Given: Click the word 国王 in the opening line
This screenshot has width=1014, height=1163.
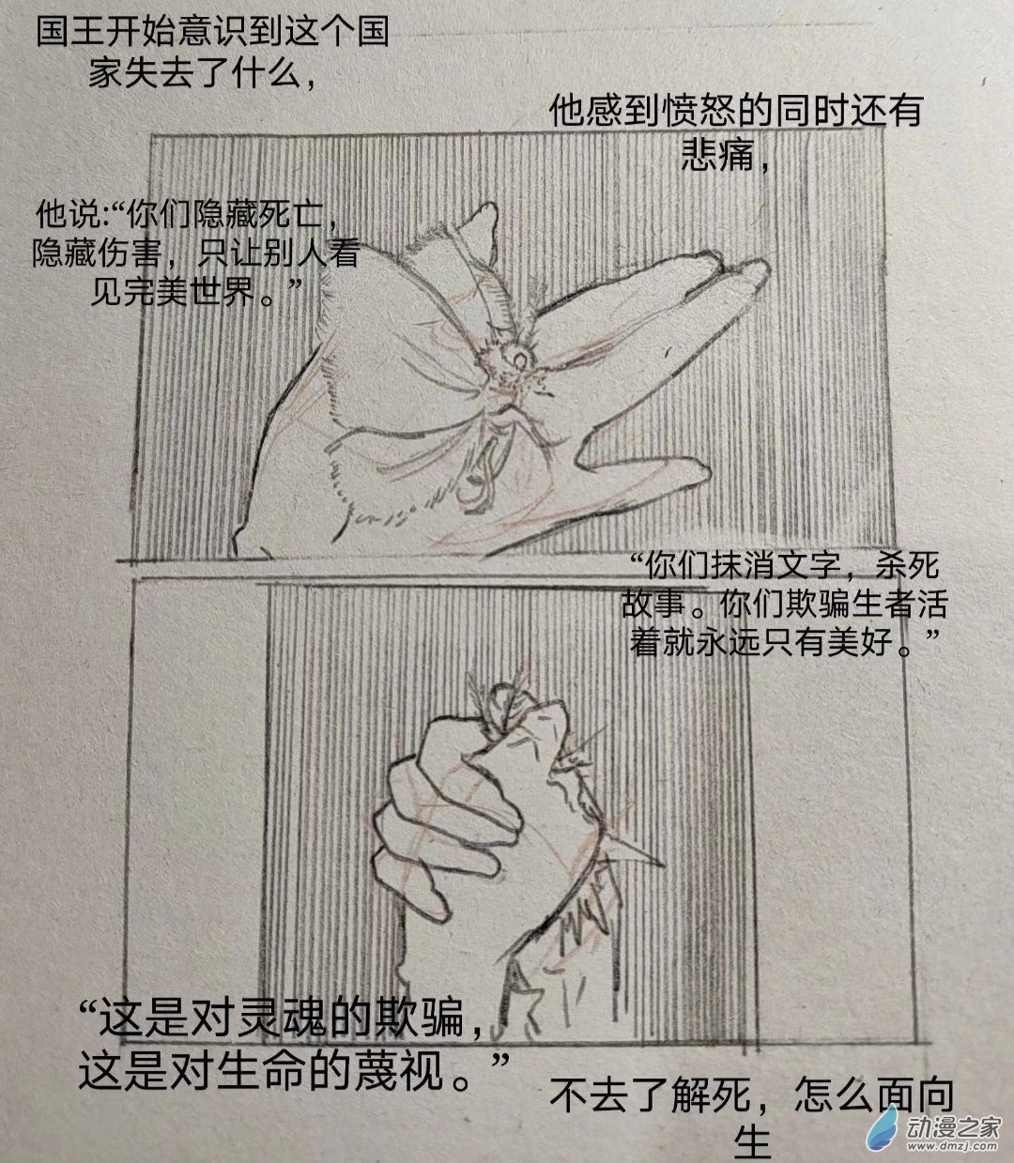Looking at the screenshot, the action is coord(69,31).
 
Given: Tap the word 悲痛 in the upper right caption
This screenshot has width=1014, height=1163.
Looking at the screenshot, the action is coord(718,154).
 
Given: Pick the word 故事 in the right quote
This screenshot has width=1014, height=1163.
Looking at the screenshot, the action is coord(653,604).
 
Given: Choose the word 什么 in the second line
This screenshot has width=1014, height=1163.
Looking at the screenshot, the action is coord(268,74).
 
